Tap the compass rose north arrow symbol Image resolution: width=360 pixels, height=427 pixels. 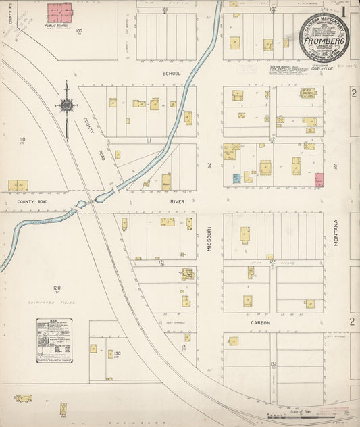[67, 105]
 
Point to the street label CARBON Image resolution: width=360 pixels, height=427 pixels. [261, 323]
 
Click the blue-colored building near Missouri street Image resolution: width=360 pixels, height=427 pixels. [236, 178]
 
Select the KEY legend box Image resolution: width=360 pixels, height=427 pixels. [53, 341]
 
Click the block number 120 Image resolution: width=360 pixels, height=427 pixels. [57, 288]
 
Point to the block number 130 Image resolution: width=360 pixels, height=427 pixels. [117, 353]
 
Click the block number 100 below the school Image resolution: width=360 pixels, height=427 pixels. [79, 30]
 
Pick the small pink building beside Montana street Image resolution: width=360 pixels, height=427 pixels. [319, 180]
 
